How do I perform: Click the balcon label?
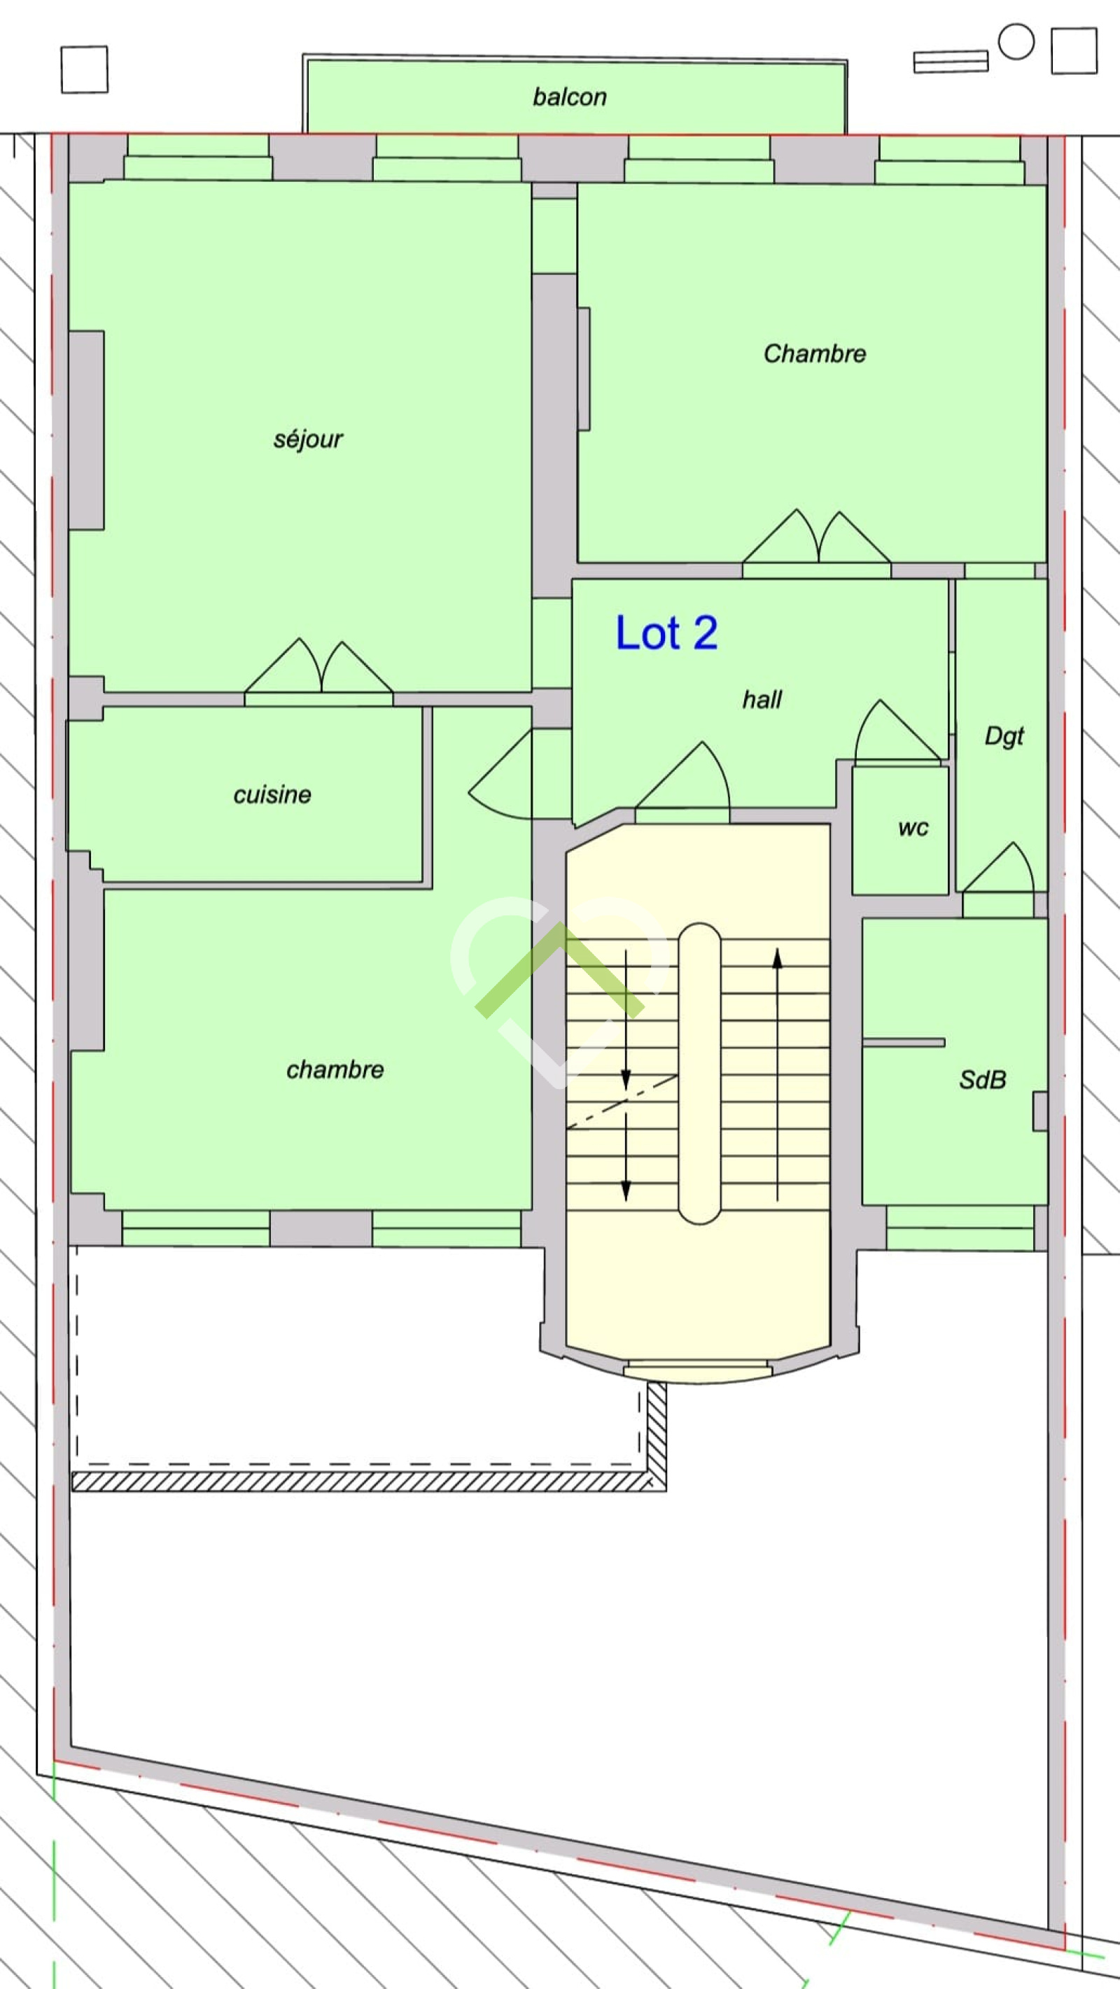[569, 97]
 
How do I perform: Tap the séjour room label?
[307, 439]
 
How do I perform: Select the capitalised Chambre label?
[814, 353]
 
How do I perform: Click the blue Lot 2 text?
[666, 633]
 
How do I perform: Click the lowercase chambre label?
[335, 1069]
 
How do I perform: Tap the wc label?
[913, 828]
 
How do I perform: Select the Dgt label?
[1003, 736]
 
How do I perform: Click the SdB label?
[983, 1078]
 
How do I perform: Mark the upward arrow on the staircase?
[777, 1074]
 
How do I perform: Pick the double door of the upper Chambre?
[816, 537]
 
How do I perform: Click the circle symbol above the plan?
[1016, 42]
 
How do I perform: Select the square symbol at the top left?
[84, 69]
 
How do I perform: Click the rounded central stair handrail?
[699, 1074]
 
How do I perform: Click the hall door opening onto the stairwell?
[682, 776]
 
